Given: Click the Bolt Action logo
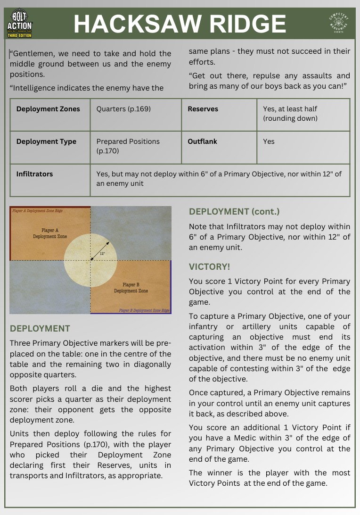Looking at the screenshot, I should tap(19, 24).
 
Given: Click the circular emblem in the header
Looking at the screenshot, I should tap(338, 24).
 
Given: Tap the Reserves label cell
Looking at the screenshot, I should tap(203, 109).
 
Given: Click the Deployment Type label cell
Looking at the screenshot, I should tap(46, 141).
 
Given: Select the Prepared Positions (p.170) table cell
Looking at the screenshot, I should tap(128, 146).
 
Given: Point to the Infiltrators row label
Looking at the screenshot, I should tap(34, 174).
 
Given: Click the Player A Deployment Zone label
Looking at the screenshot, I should tap(50, 233).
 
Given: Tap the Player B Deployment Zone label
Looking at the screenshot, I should tap(131, 288).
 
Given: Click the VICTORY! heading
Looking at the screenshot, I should tap(210, 267).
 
